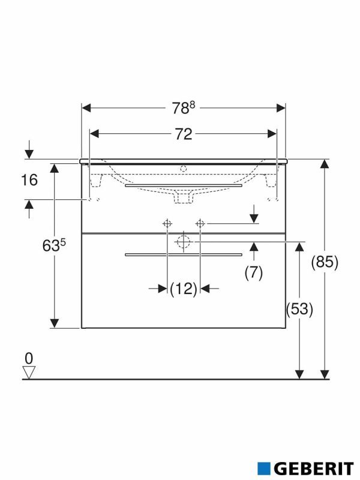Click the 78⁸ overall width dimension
point(183,108)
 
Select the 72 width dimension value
point(183,134)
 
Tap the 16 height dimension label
point(28,179)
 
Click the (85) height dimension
point(325,262)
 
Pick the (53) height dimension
point(299,310)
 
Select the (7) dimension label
point(254,272)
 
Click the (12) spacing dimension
point(183,289)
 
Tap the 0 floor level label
point(28,358)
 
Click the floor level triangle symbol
point(28,373)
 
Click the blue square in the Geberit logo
point(264,467)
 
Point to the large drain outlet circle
point(183,242)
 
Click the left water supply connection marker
point(167,224)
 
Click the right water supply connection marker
point(200,224)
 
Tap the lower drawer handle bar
point(183,255)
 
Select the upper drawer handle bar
point(183,186)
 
